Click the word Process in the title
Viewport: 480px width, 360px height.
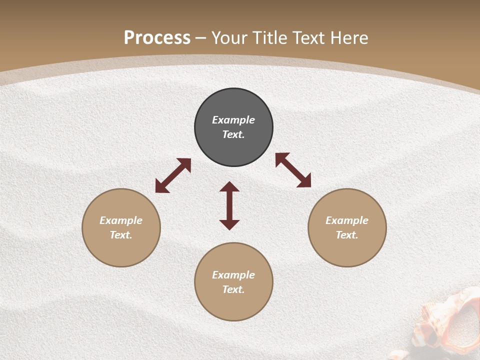157,38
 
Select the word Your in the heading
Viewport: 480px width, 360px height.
229,38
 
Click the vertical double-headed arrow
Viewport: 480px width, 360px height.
229,205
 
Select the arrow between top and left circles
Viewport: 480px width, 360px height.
173,175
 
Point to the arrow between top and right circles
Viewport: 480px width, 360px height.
293,170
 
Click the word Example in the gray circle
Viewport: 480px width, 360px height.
233,120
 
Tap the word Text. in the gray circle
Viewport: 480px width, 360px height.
233,134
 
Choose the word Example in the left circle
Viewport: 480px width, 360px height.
121,220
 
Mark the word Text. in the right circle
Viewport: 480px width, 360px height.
347,235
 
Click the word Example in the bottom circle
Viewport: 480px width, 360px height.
233,275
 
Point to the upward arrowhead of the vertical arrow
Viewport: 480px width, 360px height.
229,186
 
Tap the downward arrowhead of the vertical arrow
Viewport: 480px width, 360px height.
229,224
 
